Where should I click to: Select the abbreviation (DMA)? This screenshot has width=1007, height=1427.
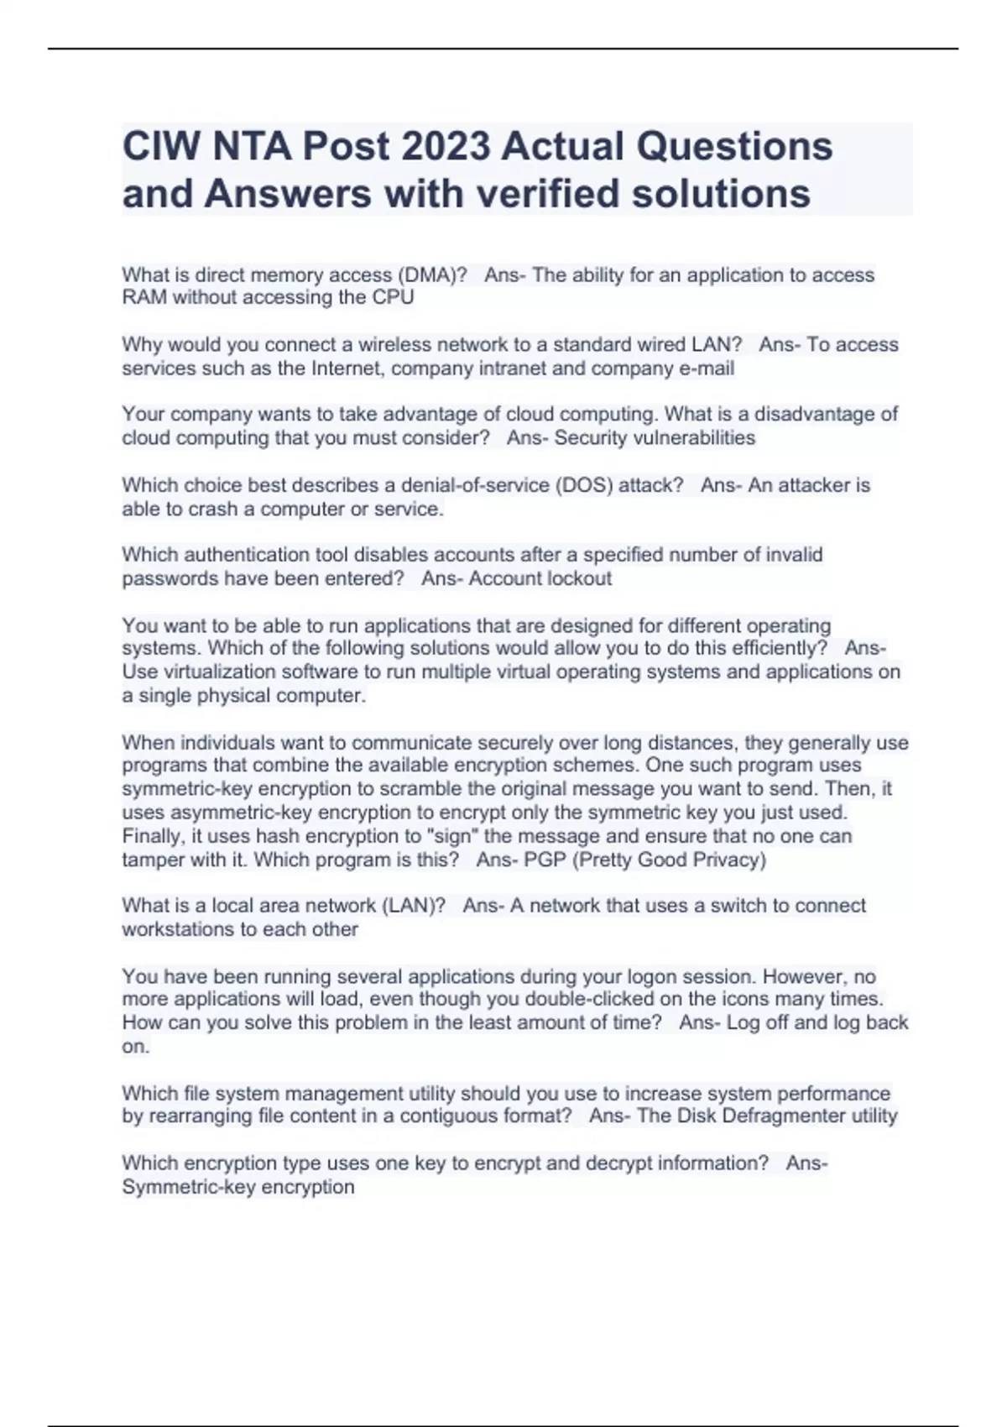click(x=432, y=275)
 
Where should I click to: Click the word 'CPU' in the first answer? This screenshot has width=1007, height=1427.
click(x=394, y=298)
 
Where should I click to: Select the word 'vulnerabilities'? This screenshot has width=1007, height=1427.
click(x=694, y=438)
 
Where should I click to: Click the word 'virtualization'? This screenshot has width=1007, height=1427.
click(x=214, y=672)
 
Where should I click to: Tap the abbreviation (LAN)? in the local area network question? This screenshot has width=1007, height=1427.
click(x=414, y=906)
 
